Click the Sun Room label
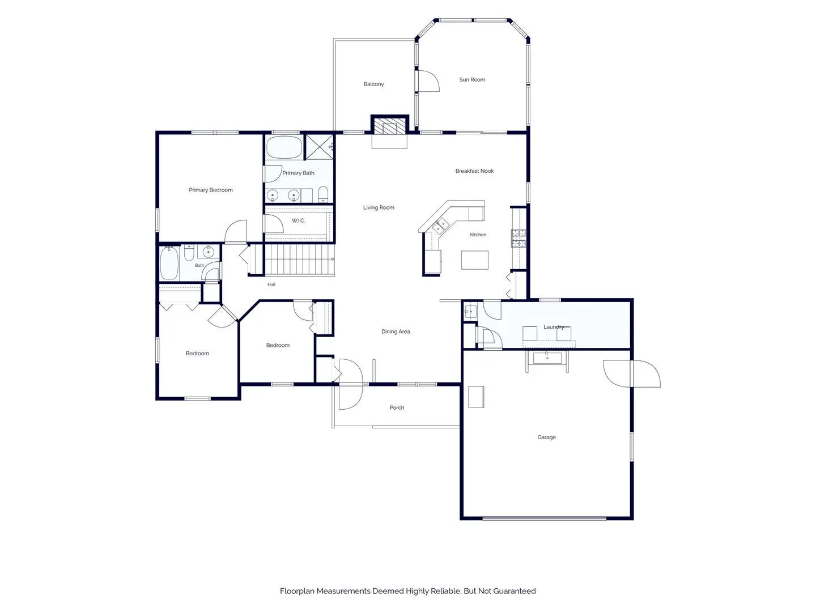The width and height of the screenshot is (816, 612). click(x=472, y=79)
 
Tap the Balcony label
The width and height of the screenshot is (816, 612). click(x=373, y=84)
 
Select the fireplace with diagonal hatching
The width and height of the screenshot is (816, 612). click(x=389, y=126)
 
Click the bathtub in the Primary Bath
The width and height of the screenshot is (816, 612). click(x=284, y=147)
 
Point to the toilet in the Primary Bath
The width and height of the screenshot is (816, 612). click(x=322, y=194)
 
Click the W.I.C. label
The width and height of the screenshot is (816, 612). click(x=297, y=221)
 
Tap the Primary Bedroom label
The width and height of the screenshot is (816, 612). click(x=210, y=190)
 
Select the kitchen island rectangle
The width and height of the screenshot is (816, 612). click(x=474, y=260)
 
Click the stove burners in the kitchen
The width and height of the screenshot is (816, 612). click(x=518, y=238)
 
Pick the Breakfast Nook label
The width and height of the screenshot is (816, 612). click(x=474, y=171)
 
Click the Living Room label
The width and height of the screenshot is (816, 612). click(x=379, y=207)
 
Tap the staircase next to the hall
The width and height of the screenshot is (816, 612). click(x=299, y=260)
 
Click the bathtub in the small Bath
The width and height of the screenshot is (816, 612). click(x=169, y=263)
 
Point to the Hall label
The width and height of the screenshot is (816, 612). click(x=271, y=284)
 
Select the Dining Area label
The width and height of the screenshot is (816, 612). click(x=396, y=331)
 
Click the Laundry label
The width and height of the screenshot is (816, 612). click(x=554, y=327)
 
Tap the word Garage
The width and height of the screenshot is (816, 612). click(x=546, y=437)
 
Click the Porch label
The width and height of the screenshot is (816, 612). click(x=397, y=407)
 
